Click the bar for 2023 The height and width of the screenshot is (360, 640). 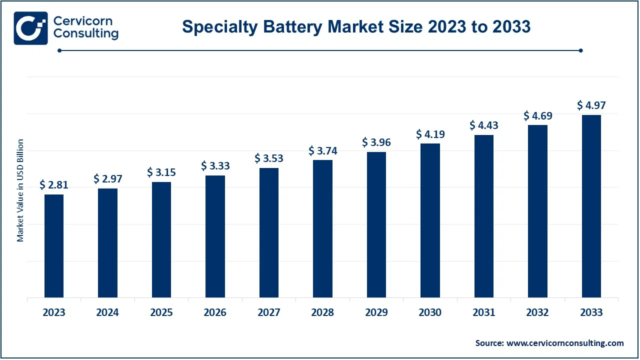[x=54, y=246]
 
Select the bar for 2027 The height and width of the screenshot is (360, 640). [x=269, y=233]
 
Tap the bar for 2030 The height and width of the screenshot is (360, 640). [x=430, y=220]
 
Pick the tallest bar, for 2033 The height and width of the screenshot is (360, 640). [x=591, y=206]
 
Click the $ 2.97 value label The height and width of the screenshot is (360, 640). [x=108, y=179]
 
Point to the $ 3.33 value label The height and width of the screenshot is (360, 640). [x=215, y=165]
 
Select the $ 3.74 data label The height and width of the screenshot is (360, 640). [x=323, y=150]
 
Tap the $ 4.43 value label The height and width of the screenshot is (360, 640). [x=484, y=125]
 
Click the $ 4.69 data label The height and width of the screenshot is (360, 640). [x=538, y=115]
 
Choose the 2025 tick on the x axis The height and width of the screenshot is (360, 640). [x=161, y=312]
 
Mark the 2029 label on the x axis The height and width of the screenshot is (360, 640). [x=376, y=312]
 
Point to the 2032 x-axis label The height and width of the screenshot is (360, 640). [x=538, y=312]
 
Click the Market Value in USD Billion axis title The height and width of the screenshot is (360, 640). [x=20, y=190]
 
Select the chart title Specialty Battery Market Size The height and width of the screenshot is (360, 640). [x=356, y=26]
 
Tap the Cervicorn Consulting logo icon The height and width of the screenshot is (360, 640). [x=30, y=28]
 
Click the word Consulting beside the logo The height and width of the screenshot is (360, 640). [x=85, y=34]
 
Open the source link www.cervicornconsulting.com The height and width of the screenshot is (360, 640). [x=565, y=343]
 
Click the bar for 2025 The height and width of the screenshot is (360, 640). [x=161, y=240]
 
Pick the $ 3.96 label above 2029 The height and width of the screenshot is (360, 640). [x=376, y=142]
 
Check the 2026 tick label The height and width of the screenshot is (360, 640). [x=215, y=312]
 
